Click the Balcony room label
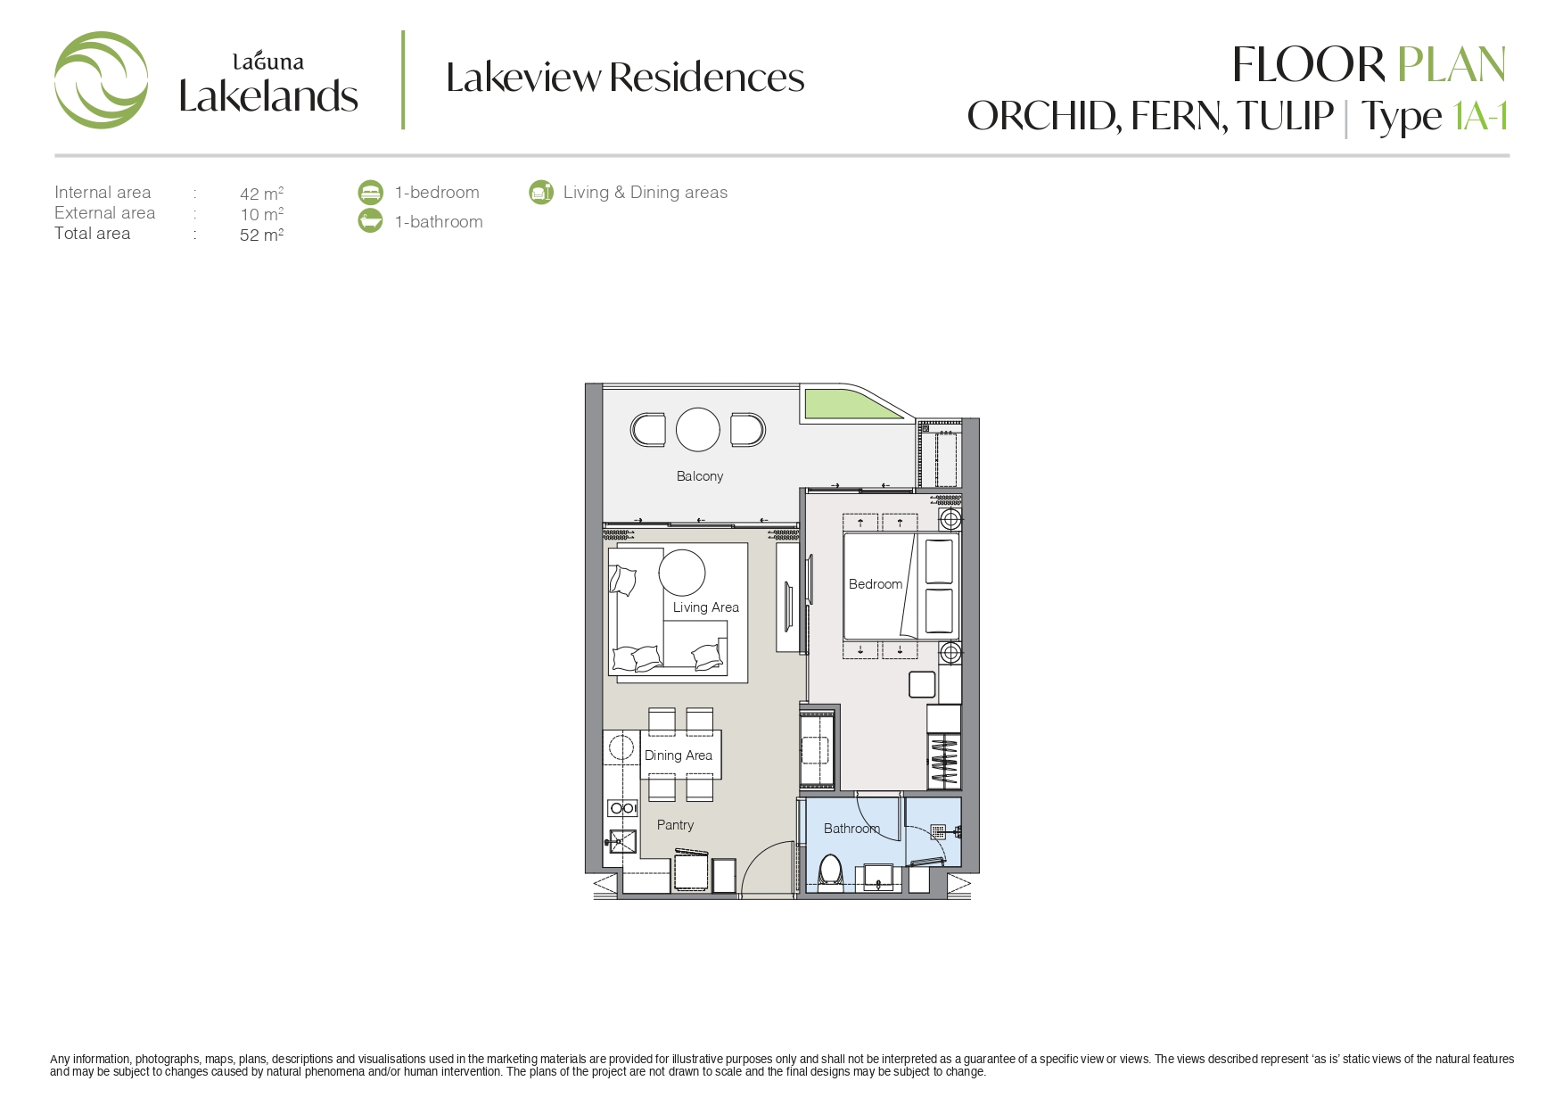click(x=699, y=476)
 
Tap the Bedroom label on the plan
click(x=875, y=584)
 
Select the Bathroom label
click(x=851, y=829)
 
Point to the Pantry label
click(x=675, y=825)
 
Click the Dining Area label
click(x=679, y=755)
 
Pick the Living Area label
click(x=706, y=607)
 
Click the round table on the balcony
click(x=698, y=430)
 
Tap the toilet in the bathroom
click(x=831, y=872)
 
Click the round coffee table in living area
click(x=682, y=573)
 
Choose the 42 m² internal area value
click(x=261, y=194)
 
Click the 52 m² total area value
click(x=261, y=235)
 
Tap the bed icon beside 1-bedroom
click(x=370, y=192)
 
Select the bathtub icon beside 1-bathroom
click(x=370, y=220)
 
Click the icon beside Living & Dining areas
click(x=540, y=192)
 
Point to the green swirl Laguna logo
click(x=101, y=80)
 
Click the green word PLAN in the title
click(x=1451, y=65)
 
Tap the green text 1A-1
click(x=1480, y=116)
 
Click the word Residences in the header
click(x=707, y=78)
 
